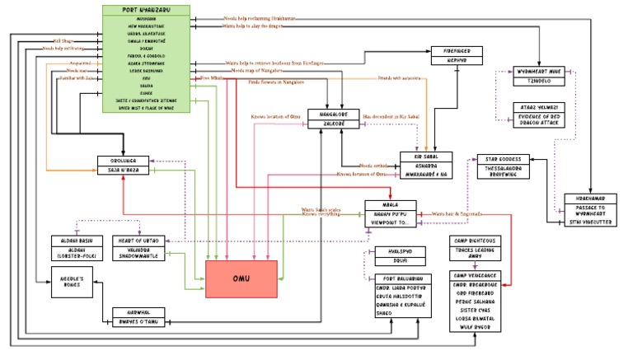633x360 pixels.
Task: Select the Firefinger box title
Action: pos(457,51)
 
